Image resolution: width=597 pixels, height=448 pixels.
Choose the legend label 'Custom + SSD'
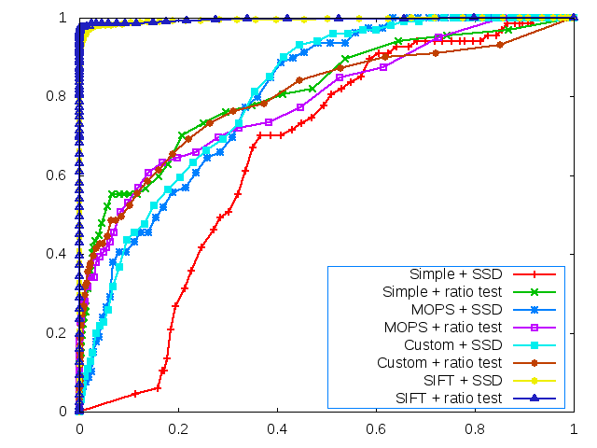[x=452, y=345]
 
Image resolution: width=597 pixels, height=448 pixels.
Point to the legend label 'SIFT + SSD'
[x=462, y=381]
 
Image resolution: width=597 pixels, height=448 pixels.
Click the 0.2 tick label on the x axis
[x=178, y=430]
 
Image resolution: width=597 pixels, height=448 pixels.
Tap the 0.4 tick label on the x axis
[x=277, y=430]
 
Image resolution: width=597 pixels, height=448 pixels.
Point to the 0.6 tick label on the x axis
[x=376, y=430]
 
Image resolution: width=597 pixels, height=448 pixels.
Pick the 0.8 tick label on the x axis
[x=475, y=430]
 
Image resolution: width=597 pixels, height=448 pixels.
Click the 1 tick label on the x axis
[x=574, y=430]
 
